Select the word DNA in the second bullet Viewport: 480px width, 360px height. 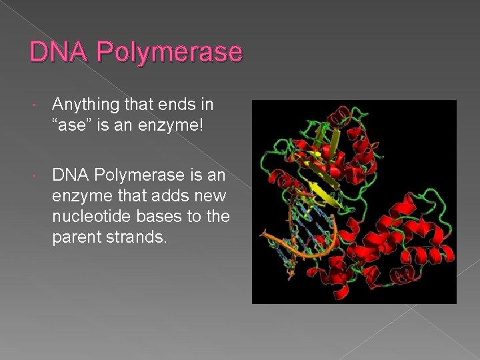coord(70,175)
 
